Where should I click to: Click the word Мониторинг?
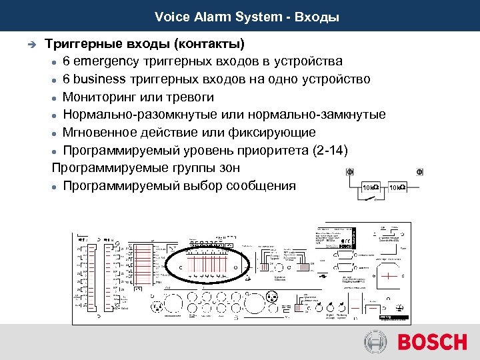click(103, 97)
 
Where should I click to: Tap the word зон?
click(227, 167)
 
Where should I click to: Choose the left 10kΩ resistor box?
click(370, 188)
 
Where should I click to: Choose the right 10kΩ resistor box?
click(398, 188)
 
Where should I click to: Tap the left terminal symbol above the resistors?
click(350, 172)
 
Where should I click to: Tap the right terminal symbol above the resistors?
click(420, 172)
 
